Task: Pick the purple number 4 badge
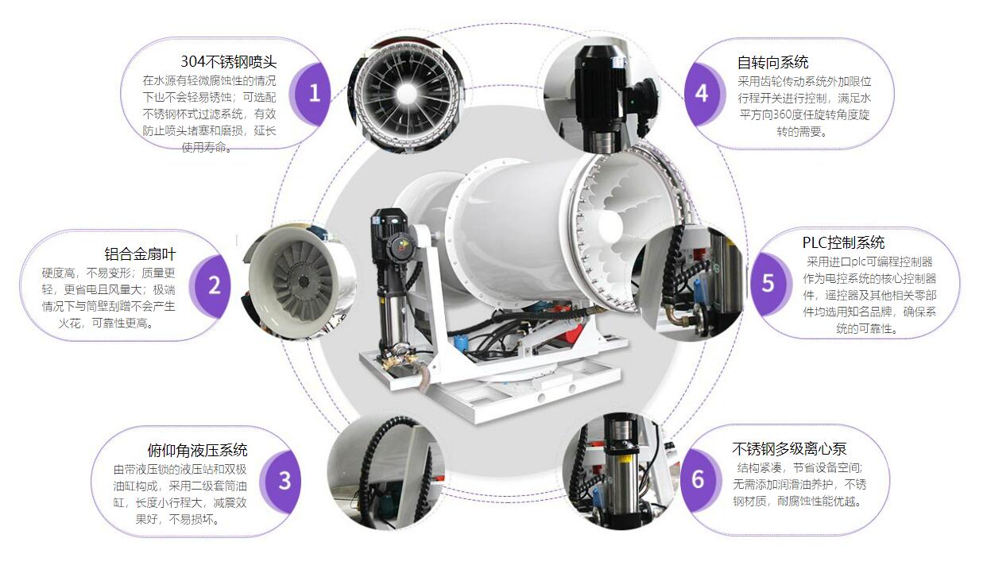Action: click(x=703, y=94)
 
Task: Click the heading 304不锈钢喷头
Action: click(x=229, y=62)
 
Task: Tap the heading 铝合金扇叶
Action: click(x=140, y=254)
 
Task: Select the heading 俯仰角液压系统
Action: click(x=197, y=451)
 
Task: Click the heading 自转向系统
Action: click(x=773, y=63)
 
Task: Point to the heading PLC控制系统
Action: click(x=843, y=242)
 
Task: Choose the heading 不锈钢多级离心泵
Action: click(x=789, y=449)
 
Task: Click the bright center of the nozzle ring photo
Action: click(x=406, y=94)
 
